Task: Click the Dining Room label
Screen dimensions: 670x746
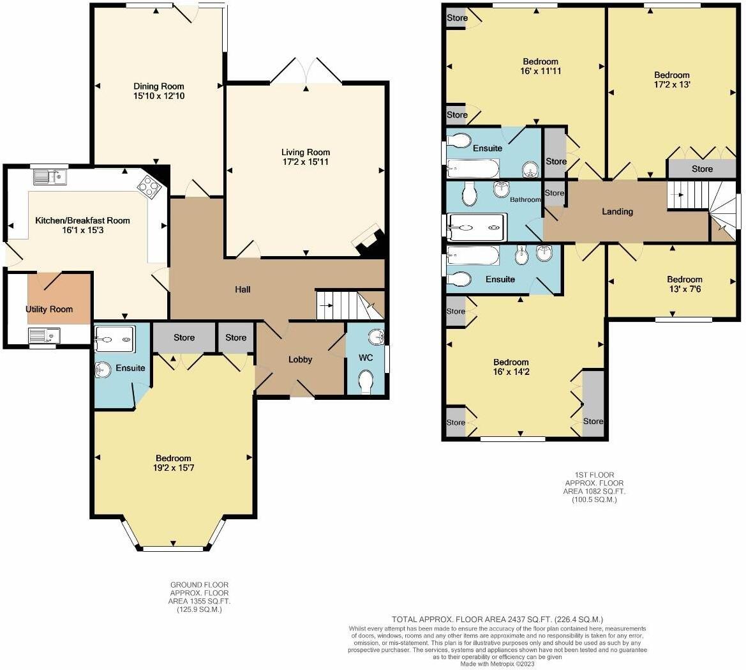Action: click(158, 86)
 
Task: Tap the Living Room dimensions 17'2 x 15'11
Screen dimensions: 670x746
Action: click(306, 162)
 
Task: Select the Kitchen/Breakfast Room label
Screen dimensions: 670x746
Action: click(82, 220)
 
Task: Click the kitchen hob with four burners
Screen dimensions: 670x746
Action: click(148, 186)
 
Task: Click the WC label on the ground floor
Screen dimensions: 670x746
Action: click(365, 358)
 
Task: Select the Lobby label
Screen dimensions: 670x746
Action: click(300, 360)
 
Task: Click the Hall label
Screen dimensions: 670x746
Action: click(242, 289)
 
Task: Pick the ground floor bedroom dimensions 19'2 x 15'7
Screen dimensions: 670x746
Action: click(173, 468)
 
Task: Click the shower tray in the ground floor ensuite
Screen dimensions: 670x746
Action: click(114, 339)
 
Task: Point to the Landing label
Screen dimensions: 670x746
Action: click(617, 211)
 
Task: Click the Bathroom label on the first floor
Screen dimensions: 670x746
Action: click(525, 200)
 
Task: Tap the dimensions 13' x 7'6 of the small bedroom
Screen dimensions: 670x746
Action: click(684, 289)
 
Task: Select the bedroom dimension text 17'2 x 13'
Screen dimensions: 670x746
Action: click(671, 84)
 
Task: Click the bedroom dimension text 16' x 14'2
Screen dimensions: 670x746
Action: click(511, 372)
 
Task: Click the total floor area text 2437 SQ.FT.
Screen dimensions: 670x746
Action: click(497, 619)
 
